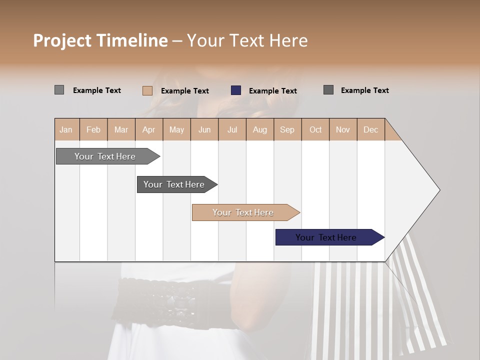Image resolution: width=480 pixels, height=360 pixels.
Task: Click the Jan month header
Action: (66, 130)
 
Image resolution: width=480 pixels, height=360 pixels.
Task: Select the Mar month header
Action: (121, 130)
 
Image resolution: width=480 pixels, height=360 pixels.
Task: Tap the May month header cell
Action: (176, 130)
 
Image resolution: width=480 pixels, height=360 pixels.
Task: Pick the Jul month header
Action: (232, 130)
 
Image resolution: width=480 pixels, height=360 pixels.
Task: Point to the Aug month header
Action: (259, 130)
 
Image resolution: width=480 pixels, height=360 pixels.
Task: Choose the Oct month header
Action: (315, 130)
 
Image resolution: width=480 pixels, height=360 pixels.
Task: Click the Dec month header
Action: (370, 130)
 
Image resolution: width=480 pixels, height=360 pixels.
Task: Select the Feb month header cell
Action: (93, 130)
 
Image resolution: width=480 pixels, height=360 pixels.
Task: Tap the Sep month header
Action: (287, 130)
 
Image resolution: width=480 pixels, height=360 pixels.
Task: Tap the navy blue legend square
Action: (236, 90)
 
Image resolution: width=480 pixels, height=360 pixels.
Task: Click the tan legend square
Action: (147, 90)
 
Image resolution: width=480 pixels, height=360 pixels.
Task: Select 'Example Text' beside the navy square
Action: (272, 91)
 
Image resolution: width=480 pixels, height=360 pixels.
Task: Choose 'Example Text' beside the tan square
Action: (184, 91)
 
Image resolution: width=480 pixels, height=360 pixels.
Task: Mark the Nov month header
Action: (343, 130)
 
